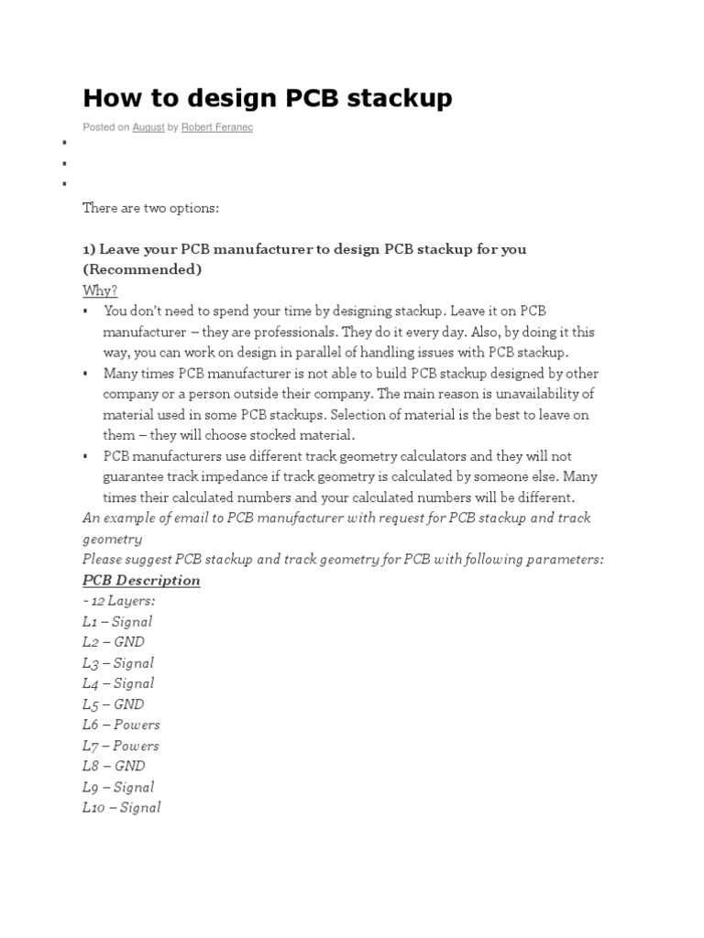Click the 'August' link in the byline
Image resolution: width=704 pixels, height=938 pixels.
click(148, 127)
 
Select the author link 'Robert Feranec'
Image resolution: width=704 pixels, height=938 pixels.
click(216, 127)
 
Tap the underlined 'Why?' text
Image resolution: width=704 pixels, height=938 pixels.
click(100, 290)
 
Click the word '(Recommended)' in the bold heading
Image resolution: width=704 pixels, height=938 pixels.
click(142, 269)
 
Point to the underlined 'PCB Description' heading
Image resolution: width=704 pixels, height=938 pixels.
click(141, 580)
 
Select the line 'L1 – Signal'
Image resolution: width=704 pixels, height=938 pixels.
click(117, 621)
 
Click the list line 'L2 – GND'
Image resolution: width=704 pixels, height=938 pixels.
click(114, 642)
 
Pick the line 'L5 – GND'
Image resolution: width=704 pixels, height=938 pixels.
click(114, 703)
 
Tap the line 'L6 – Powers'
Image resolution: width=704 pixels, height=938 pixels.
click(121, 725)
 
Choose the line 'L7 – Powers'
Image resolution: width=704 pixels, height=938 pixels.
click(121, 746)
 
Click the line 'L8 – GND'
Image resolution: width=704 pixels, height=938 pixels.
click(114, 766)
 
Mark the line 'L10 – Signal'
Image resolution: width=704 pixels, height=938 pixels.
click(122, 807)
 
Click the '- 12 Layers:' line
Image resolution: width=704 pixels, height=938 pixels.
click(119, 601)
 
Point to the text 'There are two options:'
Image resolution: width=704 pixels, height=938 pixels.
click(151, 208)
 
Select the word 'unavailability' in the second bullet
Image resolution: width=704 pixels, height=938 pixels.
click(539, 394)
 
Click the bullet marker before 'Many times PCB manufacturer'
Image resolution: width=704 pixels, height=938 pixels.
click(85, 374)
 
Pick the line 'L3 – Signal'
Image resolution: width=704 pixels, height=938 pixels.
click(118, 662)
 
